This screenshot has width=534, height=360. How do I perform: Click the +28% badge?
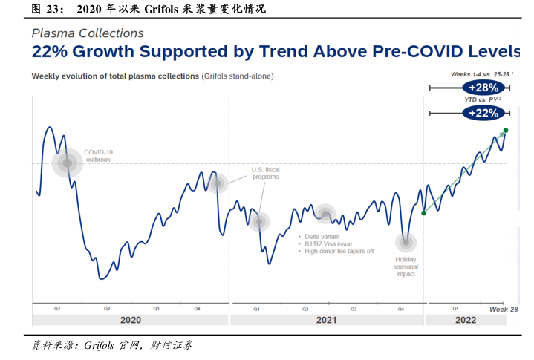pyautogui.click(x=483, y=88)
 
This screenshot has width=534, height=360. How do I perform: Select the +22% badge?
pyautogui.click(x=483, y=113)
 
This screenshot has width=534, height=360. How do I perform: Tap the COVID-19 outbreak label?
pyautogui.click(x=99, y=155)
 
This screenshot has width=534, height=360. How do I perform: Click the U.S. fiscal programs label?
pyautogui.click(x=265, y=174)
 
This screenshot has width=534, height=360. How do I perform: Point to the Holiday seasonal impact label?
pyautogui.click(x=405, y=266)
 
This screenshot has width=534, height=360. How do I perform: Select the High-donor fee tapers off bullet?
pyautogui.click(x=339, y=251)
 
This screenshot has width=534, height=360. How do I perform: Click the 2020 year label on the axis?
pyautogui.click(x=129, y=320)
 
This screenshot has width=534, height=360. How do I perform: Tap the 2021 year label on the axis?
pyautogui.click(x=325, y=320)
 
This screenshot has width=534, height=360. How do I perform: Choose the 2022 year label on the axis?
pyautogui.click(x=466, y=320)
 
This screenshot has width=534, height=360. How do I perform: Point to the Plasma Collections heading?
pyautogui.click(x=88, y=33)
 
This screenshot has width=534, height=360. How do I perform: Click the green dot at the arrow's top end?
pyautogui.click(x=505, y=131)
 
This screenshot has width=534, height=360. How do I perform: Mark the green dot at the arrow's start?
pyautogui.click(x=424, y=213)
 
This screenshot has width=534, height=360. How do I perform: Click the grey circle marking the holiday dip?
pyautogui.click(x=406, y=242)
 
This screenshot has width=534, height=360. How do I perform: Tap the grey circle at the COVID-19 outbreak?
pyautogui.click(x=68, y=163)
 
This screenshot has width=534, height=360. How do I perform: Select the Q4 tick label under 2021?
pyautogui.click(x=400, y=308)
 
